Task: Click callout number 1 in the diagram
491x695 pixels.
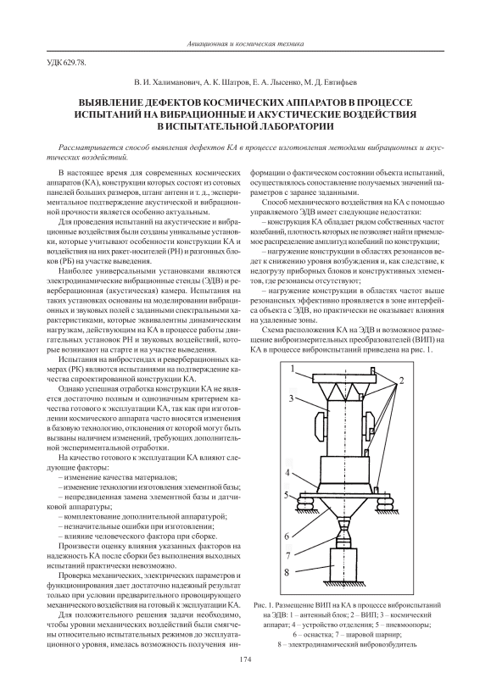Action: point(293,369)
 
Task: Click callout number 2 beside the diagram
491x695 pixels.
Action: point(402,380)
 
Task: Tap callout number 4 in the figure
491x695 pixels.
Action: point(287,471)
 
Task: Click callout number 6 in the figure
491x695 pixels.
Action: point(287,537)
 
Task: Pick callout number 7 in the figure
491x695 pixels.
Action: point(287,555)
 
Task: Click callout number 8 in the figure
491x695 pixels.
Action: point(287,573)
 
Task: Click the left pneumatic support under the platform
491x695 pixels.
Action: point(306,502)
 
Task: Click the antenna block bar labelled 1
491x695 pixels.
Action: point(344,378)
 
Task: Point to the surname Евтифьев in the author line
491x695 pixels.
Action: point(342,82)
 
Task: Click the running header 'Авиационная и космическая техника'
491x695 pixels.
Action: point(245,44)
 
